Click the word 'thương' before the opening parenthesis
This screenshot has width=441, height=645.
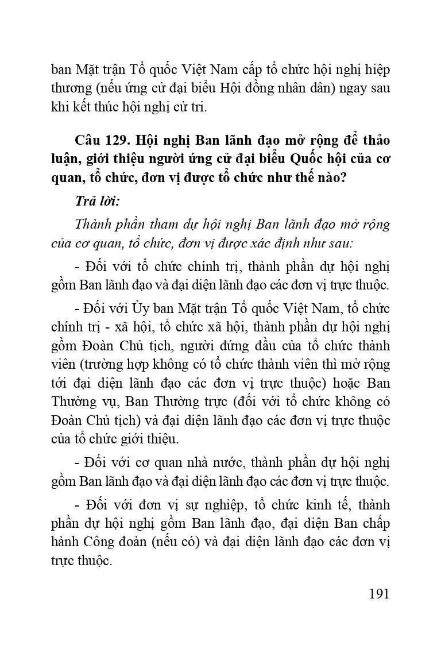tap(71, 89)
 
